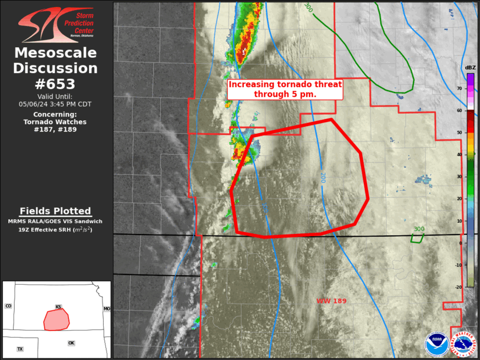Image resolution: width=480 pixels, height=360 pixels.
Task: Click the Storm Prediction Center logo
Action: [56, 24]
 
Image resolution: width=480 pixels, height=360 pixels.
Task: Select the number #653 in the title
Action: [56, 84]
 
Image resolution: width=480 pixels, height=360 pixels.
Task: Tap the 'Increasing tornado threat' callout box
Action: [285, 89]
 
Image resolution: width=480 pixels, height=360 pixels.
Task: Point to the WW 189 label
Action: [332, 301]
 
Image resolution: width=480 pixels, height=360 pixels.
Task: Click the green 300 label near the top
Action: [307, 7]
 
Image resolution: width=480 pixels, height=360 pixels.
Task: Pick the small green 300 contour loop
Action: [417, 238]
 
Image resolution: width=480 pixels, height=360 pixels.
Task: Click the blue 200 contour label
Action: [323, 177]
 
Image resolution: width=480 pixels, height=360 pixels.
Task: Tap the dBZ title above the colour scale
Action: [470, 68]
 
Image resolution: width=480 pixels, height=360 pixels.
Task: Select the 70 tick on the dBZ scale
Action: [460, 88]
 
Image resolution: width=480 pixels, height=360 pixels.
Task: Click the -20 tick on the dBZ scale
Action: [459, 287]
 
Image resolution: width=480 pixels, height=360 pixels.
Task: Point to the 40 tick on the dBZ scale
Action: [460, 154]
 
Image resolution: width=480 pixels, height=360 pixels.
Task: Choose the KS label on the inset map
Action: [58, 307]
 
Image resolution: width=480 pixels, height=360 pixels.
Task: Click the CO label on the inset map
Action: [8, 306]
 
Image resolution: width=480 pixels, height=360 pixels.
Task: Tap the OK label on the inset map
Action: [71, 343]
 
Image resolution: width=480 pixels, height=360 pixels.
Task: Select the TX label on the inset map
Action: [20, 349]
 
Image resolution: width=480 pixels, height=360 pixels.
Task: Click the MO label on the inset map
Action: [107, 309]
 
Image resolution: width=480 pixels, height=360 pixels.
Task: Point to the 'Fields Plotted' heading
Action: [55, 211]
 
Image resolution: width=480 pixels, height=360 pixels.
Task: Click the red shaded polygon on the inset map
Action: [57, 320]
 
